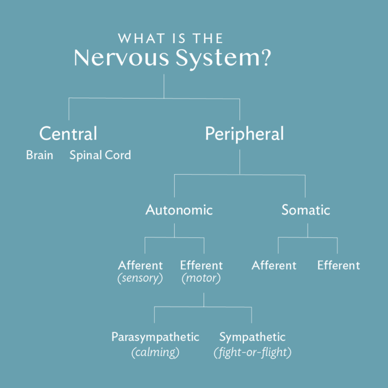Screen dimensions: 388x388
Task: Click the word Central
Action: [68, 134]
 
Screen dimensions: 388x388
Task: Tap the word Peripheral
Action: [244, 134]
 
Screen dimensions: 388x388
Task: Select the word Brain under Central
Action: [39, 155]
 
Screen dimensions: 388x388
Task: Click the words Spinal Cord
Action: [100, 155]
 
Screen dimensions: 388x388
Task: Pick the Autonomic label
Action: [179, 210]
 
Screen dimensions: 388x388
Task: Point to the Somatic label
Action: [305, 210]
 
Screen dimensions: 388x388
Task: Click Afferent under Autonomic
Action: [140, 266]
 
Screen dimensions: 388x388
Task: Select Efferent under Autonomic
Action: [202, 266]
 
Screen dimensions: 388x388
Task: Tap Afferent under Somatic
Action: [274, 266]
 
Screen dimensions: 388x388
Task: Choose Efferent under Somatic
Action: [338, 266]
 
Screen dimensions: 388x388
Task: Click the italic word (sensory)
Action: [140, 278]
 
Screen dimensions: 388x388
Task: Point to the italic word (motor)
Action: [201, 278]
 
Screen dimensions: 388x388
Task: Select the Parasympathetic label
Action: [155, 337]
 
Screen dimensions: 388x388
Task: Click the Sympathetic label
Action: [252, 337]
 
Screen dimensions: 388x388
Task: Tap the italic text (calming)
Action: [155, 352]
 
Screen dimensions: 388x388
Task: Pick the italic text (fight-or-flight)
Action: [252, 352]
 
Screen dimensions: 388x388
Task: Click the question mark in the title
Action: [264, 58]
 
